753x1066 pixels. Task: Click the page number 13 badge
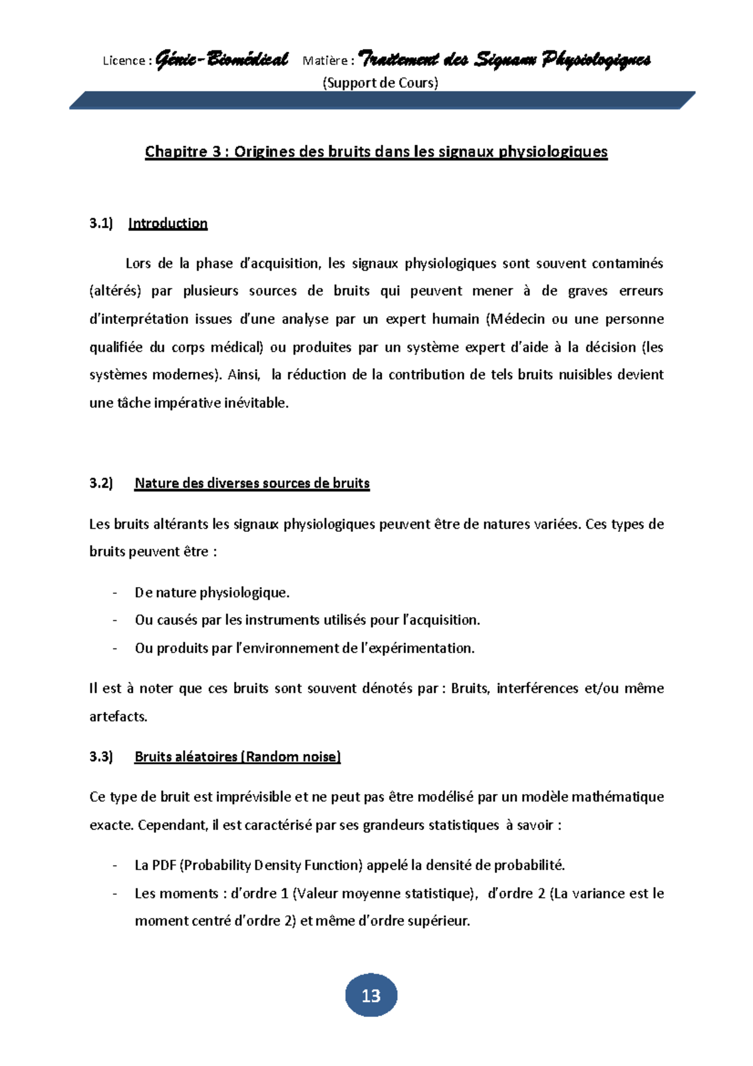(x=371, y=995)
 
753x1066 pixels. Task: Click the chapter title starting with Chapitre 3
(x=376, y=152)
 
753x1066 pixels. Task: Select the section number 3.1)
(x=101, y=223)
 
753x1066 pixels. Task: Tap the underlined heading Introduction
(x=168, y=223)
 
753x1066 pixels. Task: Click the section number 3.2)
(x=101, y=483)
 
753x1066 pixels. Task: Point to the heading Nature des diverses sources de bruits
(x=252, y=483)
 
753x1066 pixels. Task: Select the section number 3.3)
(x=101, y=756)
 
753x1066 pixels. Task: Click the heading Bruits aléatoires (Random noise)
(x=237, y=756)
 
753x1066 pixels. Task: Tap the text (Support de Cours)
(x=380, y=83)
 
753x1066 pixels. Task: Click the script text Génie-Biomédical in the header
(x=222, y=60)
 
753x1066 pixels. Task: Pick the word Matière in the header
(x=325, y=61)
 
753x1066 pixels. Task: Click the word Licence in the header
(x=124, y=61)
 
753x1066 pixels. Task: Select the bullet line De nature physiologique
(x=212, y=593)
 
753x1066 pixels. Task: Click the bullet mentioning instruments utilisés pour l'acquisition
(x=307, y=620)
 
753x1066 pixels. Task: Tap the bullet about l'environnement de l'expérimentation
(x=304, y=648)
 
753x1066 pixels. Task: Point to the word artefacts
(x=118, y=716)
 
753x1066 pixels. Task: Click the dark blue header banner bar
(x=382, y=100)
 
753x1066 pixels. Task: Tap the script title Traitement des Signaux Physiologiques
(x=505, y=60)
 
